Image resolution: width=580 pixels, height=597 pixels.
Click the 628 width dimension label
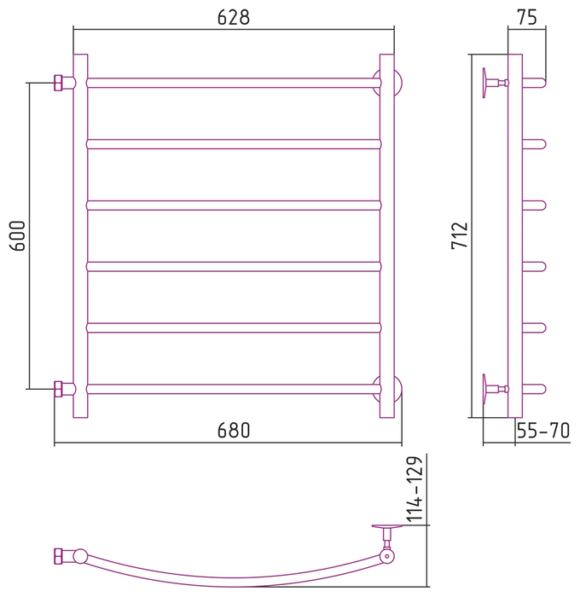pos(234,18)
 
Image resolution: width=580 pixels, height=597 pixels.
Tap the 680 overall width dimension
pos(234,430)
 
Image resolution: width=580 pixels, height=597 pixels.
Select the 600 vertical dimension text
pos(18,235)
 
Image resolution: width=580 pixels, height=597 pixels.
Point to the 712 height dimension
pos(459,235)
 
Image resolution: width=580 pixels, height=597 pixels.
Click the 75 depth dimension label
pos(527,17)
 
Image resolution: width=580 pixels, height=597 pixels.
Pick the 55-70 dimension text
pos(543,431)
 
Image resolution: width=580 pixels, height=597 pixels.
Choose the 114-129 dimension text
pos(415,490)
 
